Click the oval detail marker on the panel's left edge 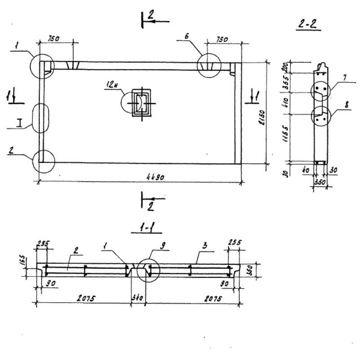41,117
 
